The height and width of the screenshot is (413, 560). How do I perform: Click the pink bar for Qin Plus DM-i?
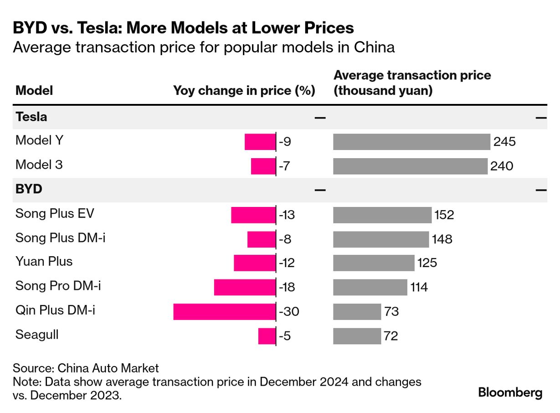coord(224,312)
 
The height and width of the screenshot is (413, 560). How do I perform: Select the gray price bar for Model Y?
coord(411,142)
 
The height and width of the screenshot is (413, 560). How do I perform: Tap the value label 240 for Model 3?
coord(501,166)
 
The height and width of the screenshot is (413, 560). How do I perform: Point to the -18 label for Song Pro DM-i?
coord(287,288)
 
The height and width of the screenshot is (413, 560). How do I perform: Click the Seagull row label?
coord(37,335)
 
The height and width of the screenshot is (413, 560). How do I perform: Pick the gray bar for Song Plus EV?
coord(382,215)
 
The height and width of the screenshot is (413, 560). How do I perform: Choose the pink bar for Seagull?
coord(267,336)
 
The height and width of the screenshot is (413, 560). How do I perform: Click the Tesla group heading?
coord(31,117)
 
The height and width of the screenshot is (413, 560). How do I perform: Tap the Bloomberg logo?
coord(510,393)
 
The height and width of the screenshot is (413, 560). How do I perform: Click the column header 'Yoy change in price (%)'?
coord(244,91)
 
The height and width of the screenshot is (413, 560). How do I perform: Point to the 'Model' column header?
coord(34,91)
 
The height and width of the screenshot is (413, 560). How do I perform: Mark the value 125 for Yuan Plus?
coord(426,263)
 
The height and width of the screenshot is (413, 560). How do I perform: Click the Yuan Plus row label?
coord(44,262)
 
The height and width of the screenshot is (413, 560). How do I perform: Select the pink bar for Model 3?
coord(263,166)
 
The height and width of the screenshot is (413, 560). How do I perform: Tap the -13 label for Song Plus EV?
coord(287,215)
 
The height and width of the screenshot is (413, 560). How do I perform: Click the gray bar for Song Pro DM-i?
coord(370,288)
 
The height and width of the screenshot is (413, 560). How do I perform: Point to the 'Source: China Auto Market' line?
coord(86,368)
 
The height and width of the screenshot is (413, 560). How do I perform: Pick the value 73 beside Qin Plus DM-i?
coord(391,312)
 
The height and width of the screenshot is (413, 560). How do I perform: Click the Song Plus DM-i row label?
coord(60,238)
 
